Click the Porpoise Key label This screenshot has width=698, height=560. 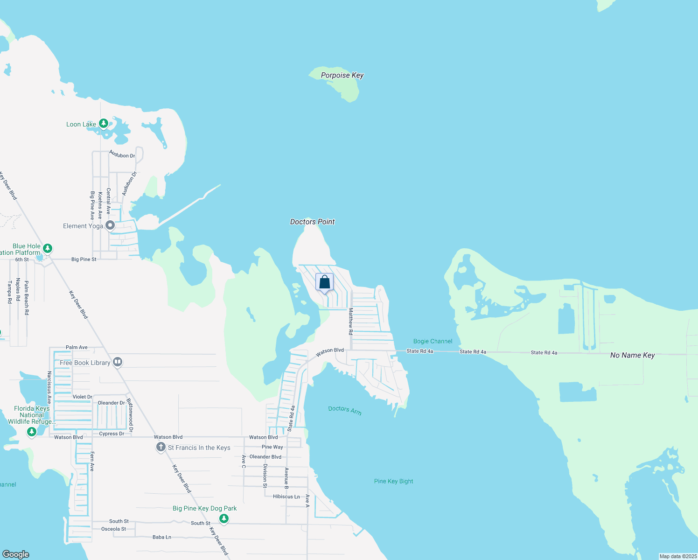342,75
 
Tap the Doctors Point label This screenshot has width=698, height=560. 312,222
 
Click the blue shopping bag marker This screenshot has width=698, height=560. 325,282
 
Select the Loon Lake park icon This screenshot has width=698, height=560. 104,124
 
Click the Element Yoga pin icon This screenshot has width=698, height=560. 110,226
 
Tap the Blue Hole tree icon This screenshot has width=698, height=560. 47,248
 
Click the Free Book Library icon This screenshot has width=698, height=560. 118,362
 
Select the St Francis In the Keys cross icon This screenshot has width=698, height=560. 161,448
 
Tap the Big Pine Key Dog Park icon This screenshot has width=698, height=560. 224,518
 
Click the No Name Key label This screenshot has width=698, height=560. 632,355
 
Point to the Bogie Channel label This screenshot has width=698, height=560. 433,341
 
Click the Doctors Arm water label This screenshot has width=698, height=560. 345,410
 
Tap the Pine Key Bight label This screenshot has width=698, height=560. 393,481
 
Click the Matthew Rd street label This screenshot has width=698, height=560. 351,322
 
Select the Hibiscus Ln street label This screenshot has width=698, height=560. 286,497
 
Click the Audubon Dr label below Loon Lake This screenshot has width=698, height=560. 122,154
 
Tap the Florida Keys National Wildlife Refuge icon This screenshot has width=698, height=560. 31,432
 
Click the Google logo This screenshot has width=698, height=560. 16,554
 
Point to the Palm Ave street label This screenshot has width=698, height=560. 77,347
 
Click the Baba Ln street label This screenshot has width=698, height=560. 161,537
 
